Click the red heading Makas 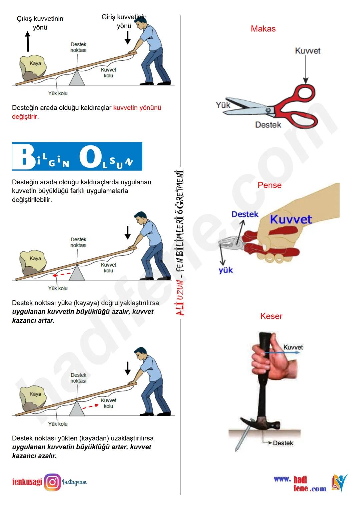[263, 29]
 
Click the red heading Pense [269, 185]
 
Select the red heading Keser [271, 316]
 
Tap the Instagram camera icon [52, 482]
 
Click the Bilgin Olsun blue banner [77, 156]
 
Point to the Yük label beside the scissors [223, 105]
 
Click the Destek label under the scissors [268, 125]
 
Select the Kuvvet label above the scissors [307, 51]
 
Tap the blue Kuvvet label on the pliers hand [291, 219]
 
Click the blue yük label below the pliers [226, 270]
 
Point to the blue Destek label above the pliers [245, 214]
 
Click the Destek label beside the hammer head [283, 443]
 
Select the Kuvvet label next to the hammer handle [293, 347]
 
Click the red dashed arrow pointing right [90, 406]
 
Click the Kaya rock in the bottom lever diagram [34, 395]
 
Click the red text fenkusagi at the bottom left [27, 482]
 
